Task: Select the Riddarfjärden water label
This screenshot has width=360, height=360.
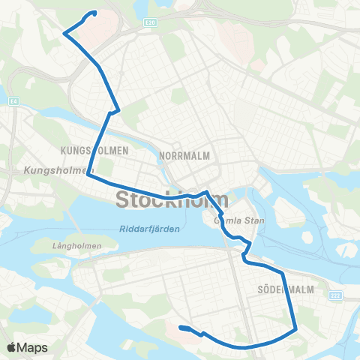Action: [x=149, y=229]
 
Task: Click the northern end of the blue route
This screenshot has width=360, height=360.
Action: [x=95, y=13]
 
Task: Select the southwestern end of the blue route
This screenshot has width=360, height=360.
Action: [x=181, y=327]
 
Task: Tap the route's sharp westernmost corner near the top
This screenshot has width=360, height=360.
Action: [x=64, y=33]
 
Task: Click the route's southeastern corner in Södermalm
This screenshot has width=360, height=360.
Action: [x=297, y=328]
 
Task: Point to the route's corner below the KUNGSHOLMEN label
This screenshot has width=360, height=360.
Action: [x=88, y=175]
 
